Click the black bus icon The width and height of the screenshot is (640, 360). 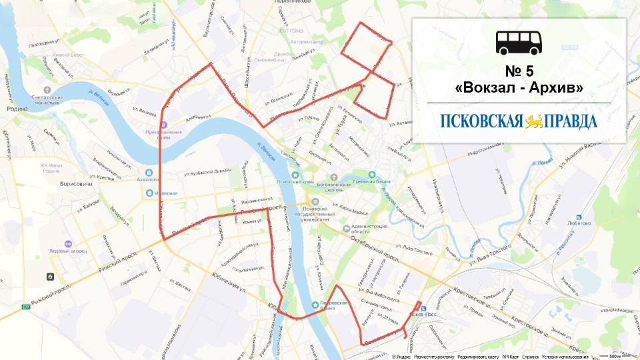point(519,42)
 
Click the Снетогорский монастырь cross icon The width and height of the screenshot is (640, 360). point(47,89)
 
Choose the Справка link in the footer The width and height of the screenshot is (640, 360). point(531,357)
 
